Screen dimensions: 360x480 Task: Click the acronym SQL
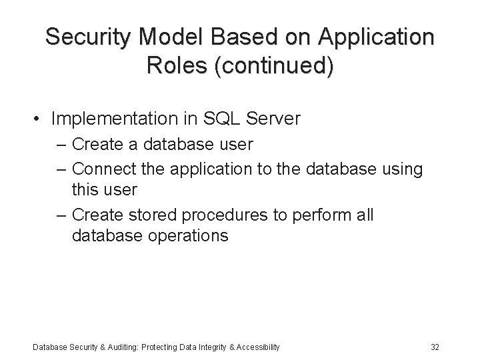point(227,119)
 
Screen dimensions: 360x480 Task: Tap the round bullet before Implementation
point(39,119)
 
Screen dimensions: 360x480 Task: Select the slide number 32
point(435,347)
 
